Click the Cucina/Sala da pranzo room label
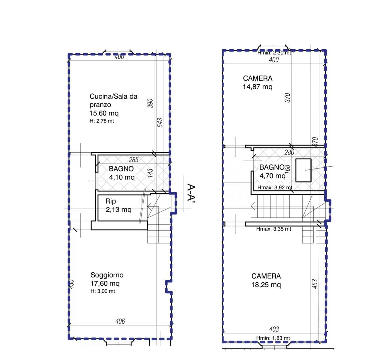(113, 100)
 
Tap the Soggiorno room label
(107, 275)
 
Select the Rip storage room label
(111, 201)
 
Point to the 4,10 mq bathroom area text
(122, 177)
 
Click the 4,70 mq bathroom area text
(273, 176)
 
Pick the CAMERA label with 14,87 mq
(258, 78)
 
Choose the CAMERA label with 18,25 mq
(266, 276)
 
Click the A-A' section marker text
(191, 192)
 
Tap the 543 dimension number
(160, 123)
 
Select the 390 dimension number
(150, 103)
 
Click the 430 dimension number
(71, 284)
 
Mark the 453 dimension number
(315, 284)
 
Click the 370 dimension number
(287, 98)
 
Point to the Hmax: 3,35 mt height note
(274, 229)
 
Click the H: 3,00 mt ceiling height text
(103, 291)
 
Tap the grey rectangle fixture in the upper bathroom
(303, 170)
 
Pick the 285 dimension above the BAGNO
(134, 160)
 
